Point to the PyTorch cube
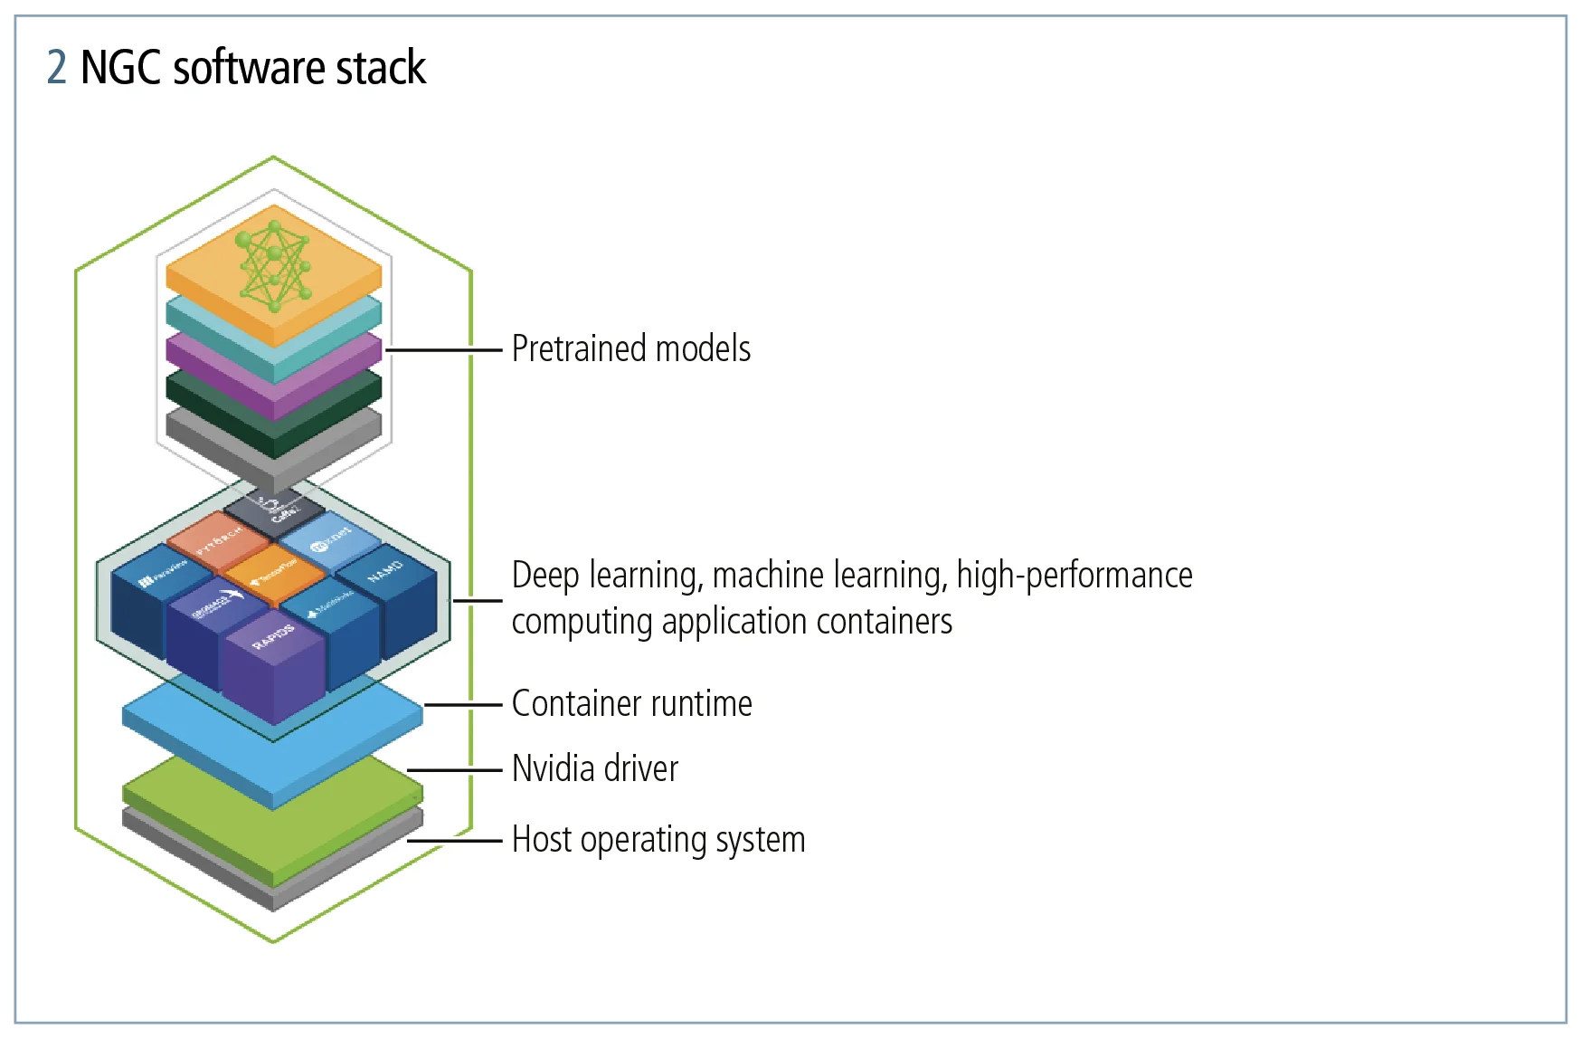(x=219, y=537)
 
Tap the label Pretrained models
(x=631, y=349)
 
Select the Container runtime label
(x=631, y=704)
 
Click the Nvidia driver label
(x=595, y=769)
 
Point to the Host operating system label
(x=658, y=840)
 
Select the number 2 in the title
(x=56, y=68)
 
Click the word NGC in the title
(x=121, y=68)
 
